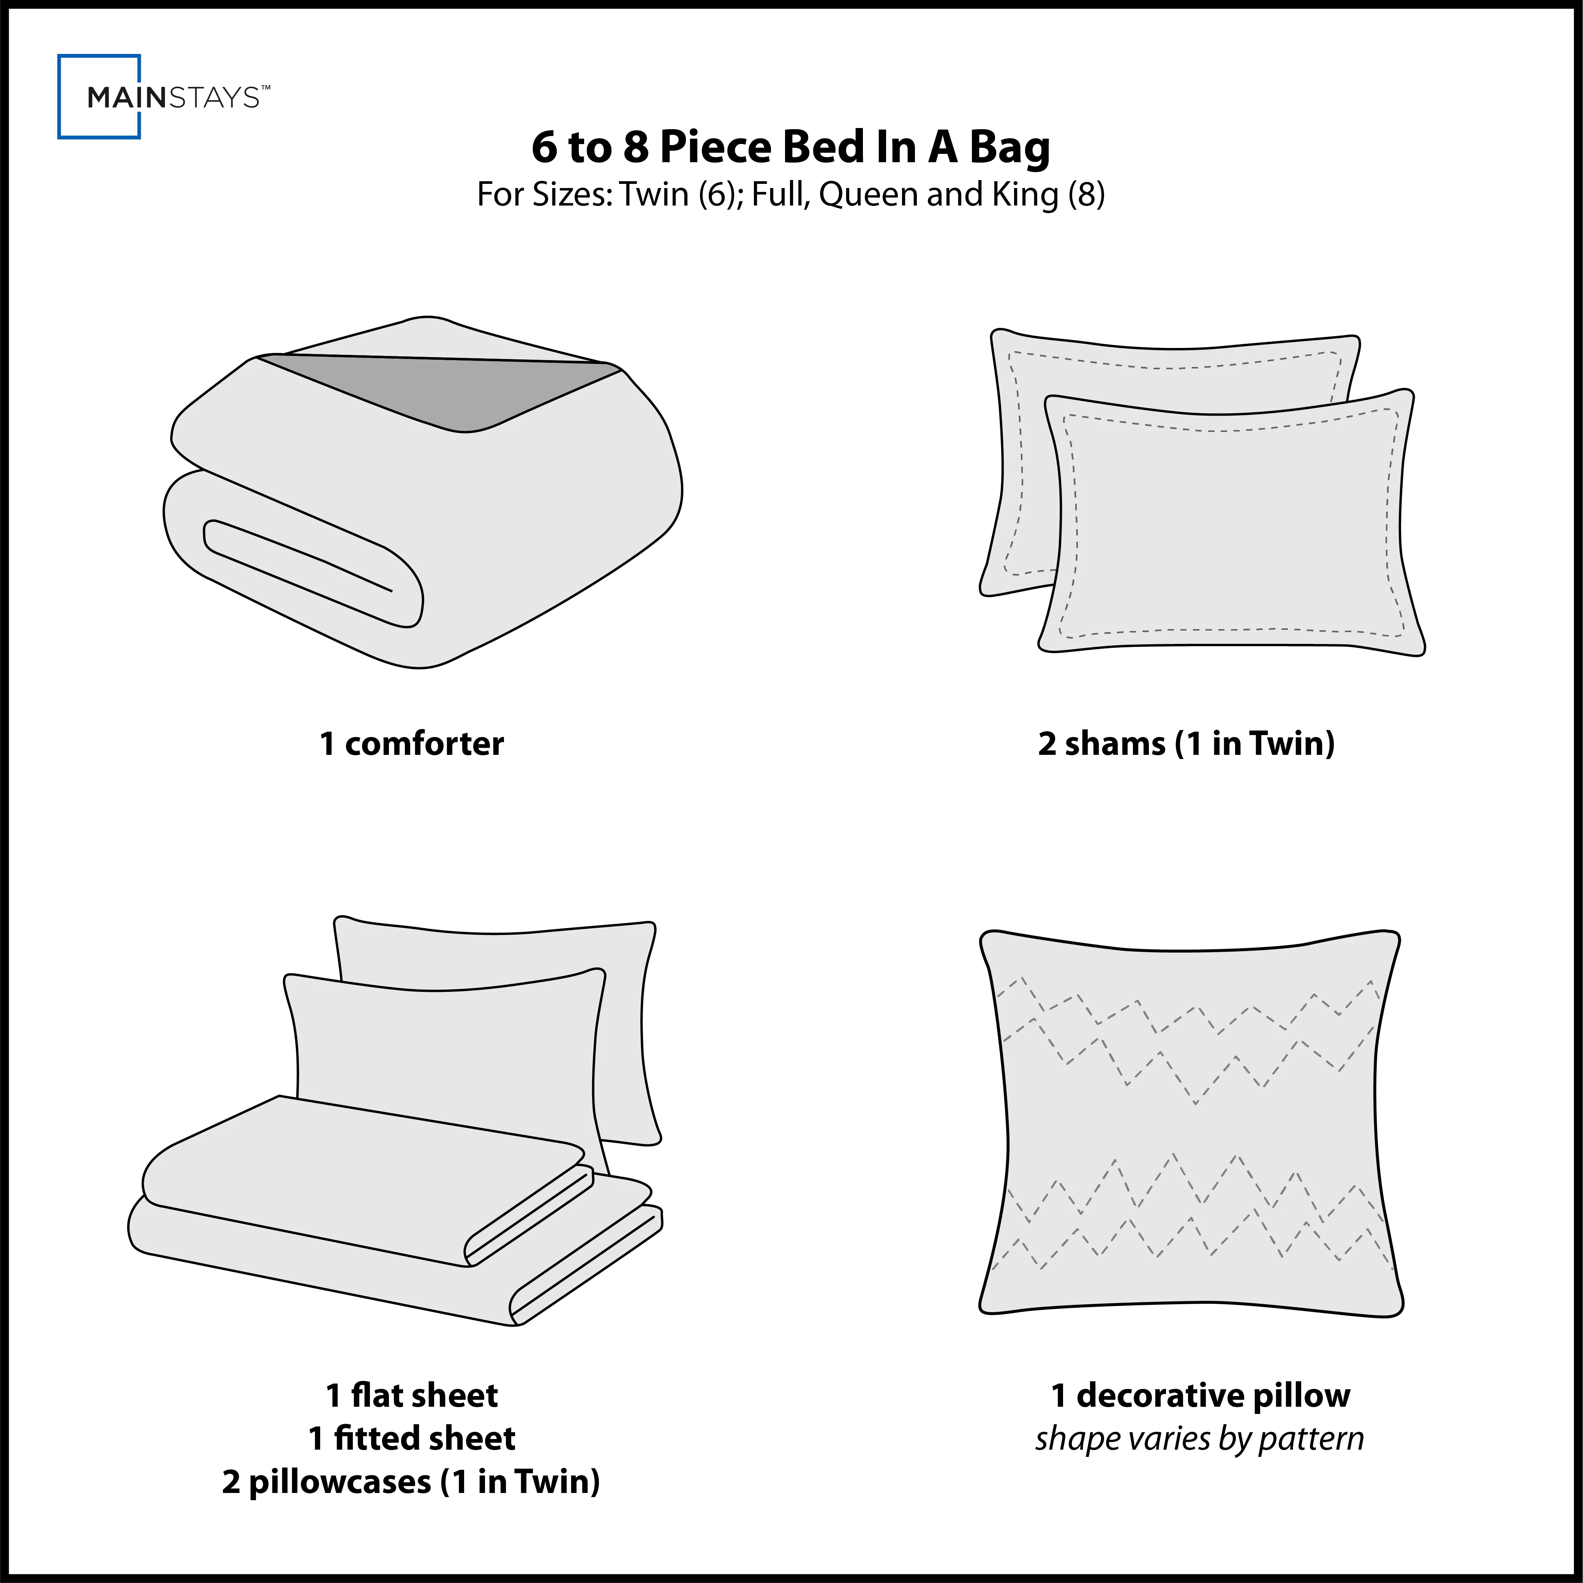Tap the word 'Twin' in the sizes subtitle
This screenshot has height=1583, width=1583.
click(x=654, y=195)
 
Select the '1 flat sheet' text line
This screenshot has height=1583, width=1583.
click(x=411, y=1395)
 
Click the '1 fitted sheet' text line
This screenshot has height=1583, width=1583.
click(x=411, y=1438)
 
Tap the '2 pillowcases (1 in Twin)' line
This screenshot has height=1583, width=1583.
click(x=411, y=1482)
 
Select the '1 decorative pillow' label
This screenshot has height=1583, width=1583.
click(x=1201, y=1395)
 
